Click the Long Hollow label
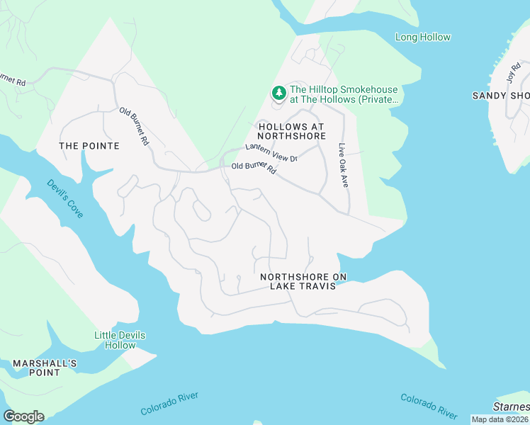tap(422, 37)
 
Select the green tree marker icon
tap(279, 93)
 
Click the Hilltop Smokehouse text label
tap(344, 95)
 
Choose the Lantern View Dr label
tap(271, 152)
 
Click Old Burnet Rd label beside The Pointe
tap(134, 126)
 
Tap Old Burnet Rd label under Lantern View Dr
tap(254, 169)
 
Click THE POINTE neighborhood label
tap(89, 146)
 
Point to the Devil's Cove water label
tap(65, 198)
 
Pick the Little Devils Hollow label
tap(115, 340)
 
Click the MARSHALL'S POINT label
tap(44, 368)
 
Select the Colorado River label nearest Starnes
tap(429, 406)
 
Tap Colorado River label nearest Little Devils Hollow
tap(169, 404)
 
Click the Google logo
tap(23, 416)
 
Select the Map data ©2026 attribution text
tap(500, 419)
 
